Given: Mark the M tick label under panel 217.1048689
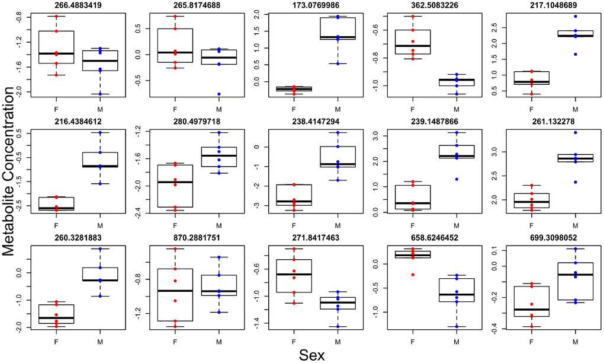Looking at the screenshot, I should (x=575, y=110).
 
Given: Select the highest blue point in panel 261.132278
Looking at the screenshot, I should (x=575, y=132).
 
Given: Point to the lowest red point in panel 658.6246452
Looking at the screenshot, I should (x=413, y=275).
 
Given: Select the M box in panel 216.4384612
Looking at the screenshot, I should (x=100, y=160).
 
